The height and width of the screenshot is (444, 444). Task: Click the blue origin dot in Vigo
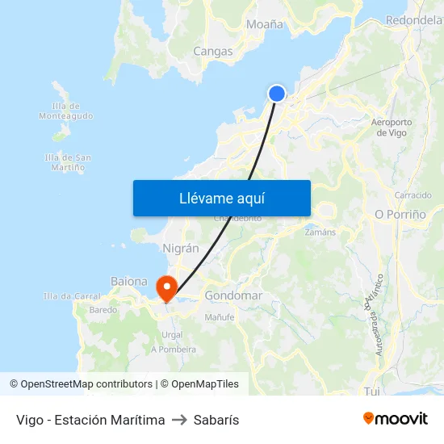[x=277, y=94]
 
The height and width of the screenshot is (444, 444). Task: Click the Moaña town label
[x=265, y=24]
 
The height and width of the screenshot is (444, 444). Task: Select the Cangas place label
[x=213, y=52]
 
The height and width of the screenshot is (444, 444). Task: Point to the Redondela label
[x=414, y=19]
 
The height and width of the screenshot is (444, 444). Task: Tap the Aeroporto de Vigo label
[x=392, y=128]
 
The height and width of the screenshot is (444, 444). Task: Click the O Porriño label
[x=400, y=215]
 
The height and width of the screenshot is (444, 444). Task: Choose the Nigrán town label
[x=181, y=249]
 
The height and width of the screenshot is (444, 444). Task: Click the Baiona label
[x=128, y=282]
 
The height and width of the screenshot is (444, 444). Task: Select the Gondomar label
[x=233, y=295]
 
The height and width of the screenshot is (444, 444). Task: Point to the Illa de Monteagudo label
[x=65, y=111]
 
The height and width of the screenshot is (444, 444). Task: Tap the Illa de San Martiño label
[x=68, y=162]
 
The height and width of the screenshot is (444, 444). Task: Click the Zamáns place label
[x=320, y=232]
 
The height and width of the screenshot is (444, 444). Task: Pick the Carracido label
[x=413, y=195]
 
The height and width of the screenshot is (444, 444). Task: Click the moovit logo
[x=396, y=418]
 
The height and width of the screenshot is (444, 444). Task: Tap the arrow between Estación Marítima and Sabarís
[x=180, y=420]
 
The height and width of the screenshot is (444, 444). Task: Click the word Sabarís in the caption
[x=217, y=420]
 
